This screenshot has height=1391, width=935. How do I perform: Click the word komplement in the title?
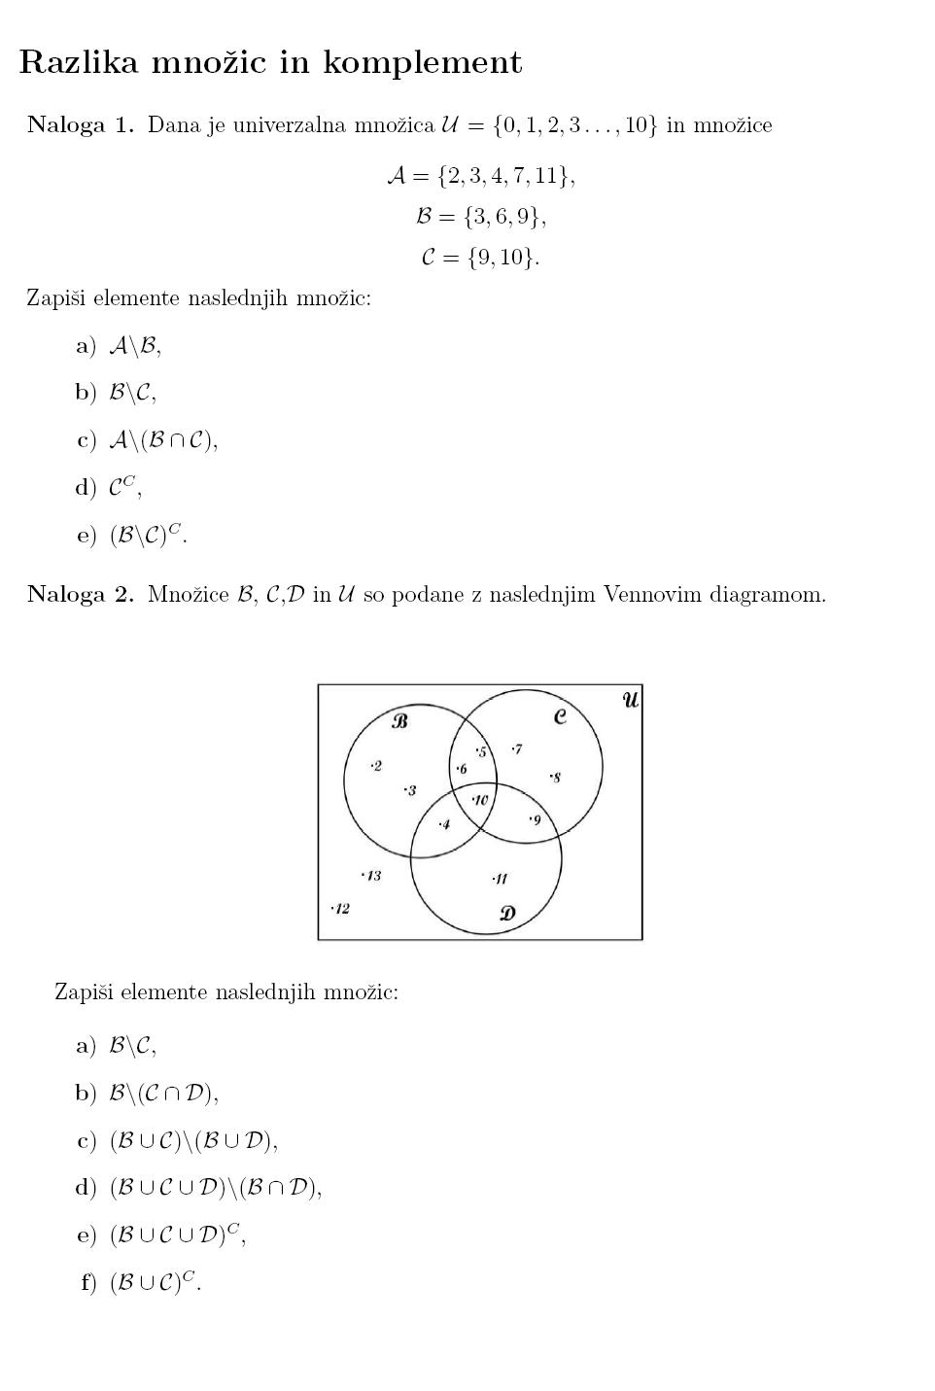pos(422,63)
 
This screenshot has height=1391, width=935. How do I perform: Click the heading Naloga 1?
pos(80,125)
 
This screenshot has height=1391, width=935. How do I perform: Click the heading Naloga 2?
pos(80,595)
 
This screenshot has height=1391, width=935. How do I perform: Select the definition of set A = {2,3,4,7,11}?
pos(481,176)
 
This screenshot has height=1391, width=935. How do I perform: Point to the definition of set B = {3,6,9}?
pos(481,216)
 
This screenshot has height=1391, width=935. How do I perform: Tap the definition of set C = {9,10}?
pos(481,258)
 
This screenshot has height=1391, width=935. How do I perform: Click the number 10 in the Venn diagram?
pos(480,800)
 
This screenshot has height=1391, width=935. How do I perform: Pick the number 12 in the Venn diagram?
pos(341,909)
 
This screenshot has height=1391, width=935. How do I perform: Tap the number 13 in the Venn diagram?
pos(372,876)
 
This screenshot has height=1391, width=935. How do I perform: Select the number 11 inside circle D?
pos(501,879)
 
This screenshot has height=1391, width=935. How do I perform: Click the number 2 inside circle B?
pos(377,766)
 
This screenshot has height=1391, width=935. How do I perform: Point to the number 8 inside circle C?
pos(555,778)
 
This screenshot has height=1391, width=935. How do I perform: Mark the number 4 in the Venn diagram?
pos(445,824)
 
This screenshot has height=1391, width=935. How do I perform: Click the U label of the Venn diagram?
pos(631,699)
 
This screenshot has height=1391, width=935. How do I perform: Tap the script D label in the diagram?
pos(507,913)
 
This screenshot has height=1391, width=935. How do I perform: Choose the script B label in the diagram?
pos(399,720)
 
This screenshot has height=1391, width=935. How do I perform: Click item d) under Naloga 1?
pos(110,487)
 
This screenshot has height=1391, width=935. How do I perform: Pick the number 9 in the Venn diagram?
pos(536,820)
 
